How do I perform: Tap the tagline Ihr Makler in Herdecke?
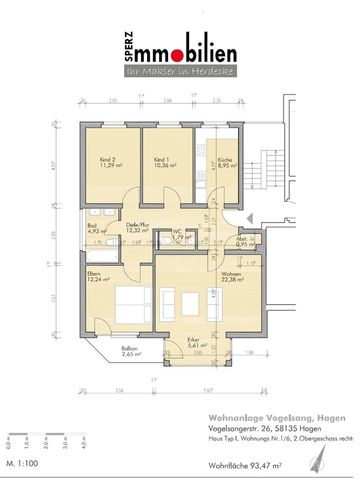179,71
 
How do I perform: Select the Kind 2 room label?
108,159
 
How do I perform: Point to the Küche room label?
224,159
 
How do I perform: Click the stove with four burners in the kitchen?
201,150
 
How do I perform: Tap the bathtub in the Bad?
102,256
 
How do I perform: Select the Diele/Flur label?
136,224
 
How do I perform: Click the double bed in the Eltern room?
133,304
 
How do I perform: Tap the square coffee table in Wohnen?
190,304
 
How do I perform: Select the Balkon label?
129,348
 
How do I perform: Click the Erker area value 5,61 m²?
197,344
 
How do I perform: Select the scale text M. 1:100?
22,463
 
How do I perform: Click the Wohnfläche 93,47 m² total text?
245,465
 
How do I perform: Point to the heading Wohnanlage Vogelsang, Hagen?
269,417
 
